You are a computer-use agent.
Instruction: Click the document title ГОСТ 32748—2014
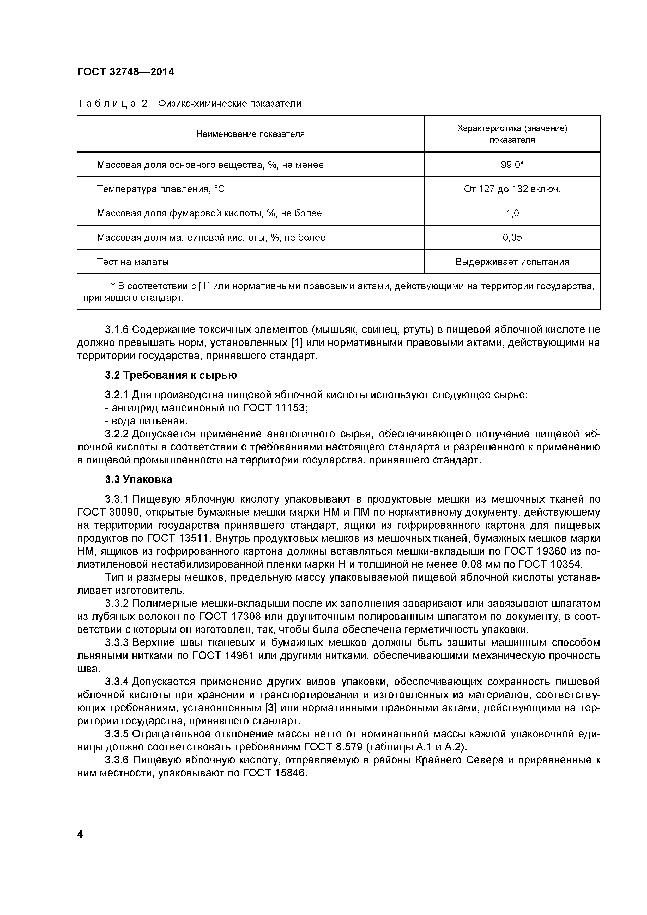(x=125, y=72)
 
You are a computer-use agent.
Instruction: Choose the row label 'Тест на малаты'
(x=133, y=262)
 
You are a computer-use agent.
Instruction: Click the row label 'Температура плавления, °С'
(x=161, y=189)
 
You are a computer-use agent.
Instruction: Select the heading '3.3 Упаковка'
(x=139, y=479)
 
